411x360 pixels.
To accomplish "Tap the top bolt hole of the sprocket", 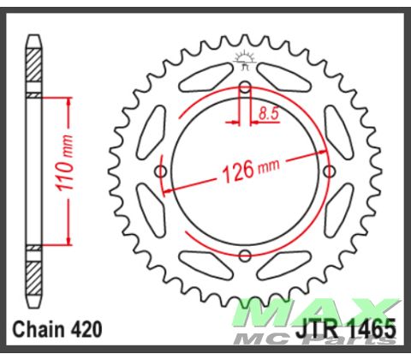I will [246, 87].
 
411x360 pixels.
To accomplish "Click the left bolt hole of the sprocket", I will [162, 171].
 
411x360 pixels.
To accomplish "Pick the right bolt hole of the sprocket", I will [330, 171].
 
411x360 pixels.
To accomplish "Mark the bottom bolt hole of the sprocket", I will [246, 255].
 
